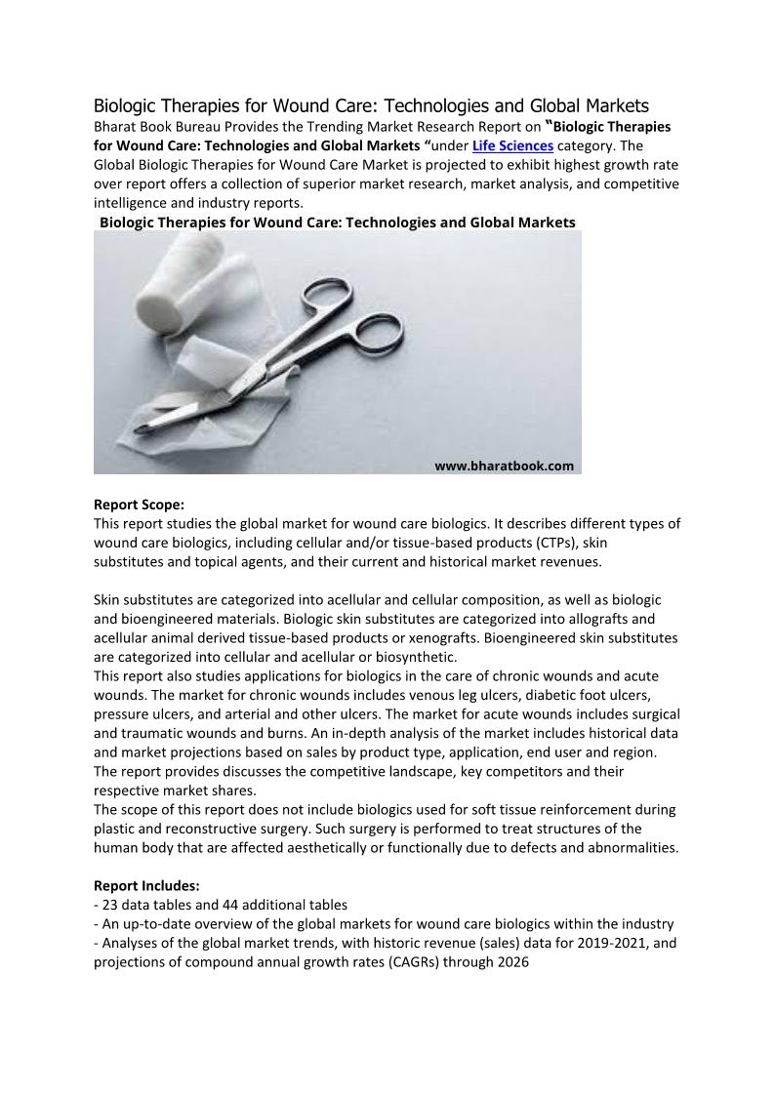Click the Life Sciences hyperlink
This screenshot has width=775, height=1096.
(x=512, y=145)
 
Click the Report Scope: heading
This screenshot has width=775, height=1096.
(x=139, y=505)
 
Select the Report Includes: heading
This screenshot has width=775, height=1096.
(x=146, y=885)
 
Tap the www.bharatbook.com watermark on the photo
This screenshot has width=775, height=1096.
(x=504, y=466)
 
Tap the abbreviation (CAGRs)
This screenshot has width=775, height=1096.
(x=407, y=962)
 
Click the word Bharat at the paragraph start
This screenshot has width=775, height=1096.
(x=114, y=127)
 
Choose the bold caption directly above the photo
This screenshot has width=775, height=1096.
(x=338, y=223)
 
